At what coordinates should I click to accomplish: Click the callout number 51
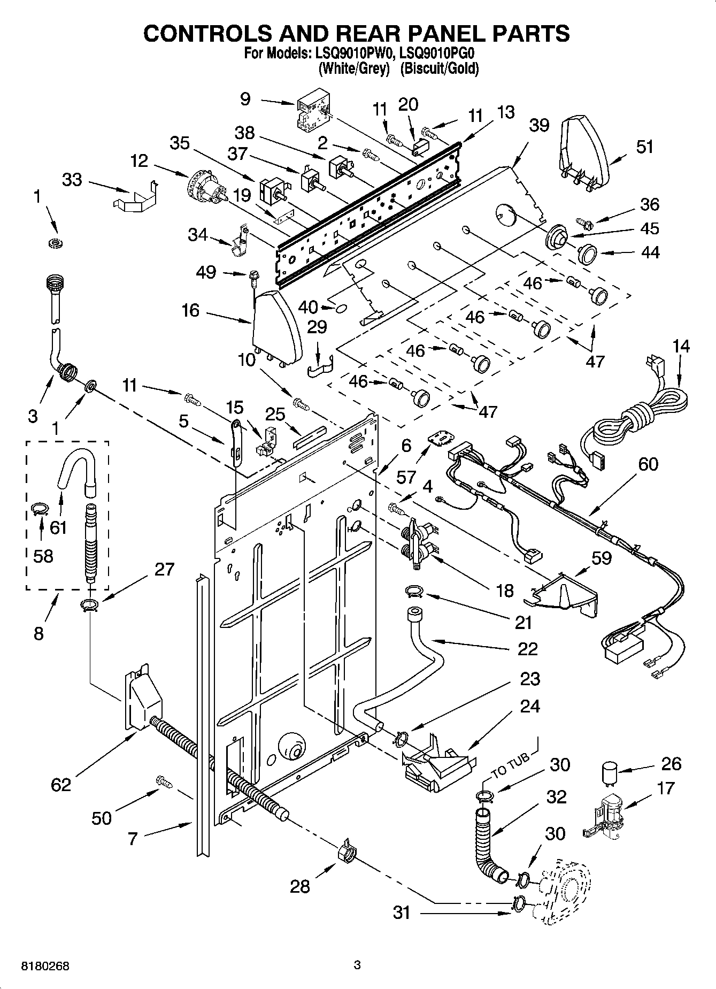644,147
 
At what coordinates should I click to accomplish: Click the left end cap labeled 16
275,326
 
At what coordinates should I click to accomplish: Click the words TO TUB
510,765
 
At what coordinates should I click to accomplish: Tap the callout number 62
61,784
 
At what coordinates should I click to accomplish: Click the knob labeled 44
588,253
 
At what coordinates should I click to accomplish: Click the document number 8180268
45,967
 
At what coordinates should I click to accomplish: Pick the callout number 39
538,125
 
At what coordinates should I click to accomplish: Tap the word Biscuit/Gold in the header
439,69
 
